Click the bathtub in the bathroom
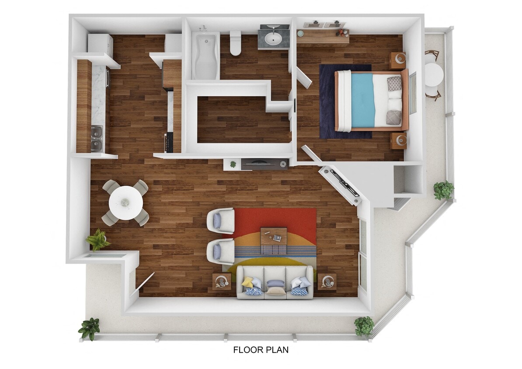point(205,56)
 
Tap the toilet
point(236,43)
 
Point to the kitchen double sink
point(97,138)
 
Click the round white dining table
point(125,203)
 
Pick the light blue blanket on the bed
point(363,100)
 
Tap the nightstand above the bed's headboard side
point(398,61)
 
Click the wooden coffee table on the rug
point(274,240)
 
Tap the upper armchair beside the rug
point(221,221)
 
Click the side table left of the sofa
point(222,282)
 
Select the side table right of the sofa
point(327,282)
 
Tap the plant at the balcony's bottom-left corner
point(90,328)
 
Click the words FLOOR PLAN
point(261,350)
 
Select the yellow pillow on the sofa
point(247,282)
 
